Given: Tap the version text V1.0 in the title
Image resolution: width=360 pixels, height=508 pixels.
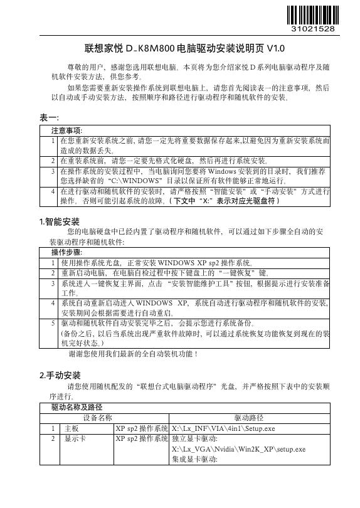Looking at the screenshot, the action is click(x=275, y=48).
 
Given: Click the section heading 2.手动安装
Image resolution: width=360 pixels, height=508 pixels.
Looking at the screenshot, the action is click(x=60, y=376).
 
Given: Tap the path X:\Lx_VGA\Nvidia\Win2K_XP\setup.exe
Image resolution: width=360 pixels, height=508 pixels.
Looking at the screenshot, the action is click(x=238, y=450).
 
